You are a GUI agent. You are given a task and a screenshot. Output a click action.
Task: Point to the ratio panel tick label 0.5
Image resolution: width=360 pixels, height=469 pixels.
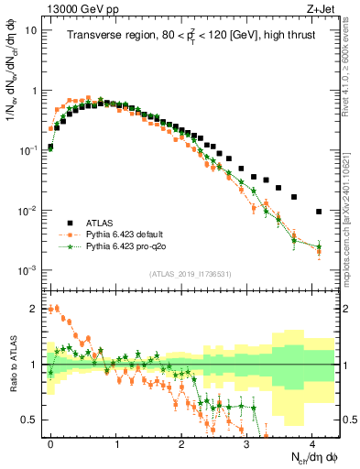click(29, 420)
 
